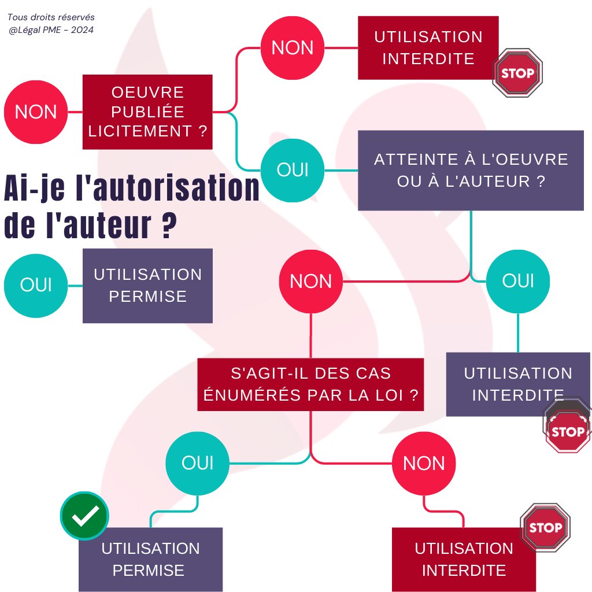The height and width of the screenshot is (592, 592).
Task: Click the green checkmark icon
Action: coord(84,516)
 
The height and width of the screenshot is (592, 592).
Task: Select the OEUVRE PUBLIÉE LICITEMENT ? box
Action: coord(147,112)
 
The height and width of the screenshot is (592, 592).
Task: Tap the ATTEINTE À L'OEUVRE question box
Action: coord(471,170)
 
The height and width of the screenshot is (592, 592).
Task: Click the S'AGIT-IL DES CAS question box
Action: coord(310,384)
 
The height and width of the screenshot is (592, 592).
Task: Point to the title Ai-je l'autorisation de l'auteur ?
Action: coord(131,206)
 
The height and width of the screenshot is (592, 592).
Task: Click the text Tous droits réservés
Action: coord(51,18)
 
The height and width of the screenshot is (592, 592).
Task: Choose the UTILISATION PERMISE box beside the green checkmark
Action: coord(150,559)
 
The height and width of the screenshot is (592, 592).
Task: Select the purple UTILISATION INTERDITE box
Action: coord(517,384)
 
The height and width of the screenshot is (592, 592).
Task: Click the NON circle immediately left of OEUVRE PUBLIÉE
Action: coord(36,112)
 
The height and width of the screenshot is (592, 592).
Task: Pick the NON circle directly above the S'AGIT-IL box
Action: coord(311,282)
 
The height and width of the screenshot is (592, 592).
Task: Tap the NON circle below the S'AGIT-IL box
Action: coord(424,464)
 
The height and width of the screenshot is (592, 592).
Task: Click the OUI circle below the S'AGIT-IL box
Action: coord(198,463)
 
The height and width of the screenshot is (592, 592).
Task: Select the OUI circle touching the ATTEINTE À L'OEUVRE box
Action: coord(293,170)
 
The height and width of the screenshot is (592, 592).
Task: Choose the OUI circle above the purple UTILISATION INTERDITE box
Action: coord(517,281)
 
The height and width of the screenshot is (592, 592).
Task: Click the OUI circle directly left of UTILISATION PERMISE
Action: coord(36,285)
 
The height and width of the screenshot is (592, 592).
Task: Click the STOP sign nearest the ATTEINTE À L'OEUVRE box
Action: coord(517,73)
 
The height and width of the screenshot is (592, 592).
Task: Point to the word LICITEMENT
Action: coord(140,131)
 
